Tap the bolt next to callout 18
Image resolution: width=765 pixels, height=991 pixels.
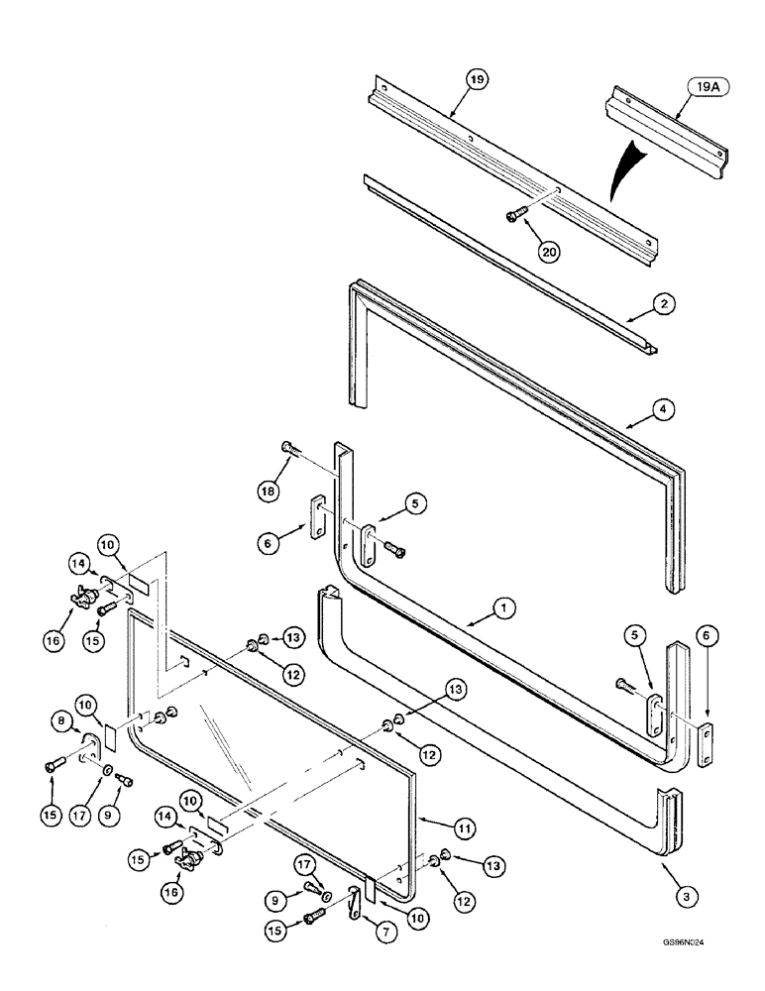(x=289, y=448)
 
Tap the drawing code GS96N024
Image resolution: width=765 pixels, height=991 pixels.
(x=689, y=946)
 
